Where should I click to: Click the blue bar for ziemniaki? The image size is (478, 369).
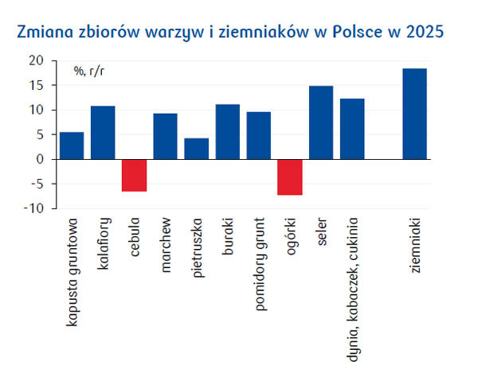click(414, 114)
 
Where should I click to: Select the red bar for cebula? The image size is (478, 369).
click(134, 175)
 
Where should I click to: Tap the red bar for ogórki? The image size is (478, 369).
click(290, 177)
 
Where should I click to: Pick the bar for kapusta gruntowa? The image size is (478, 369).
click(72, 146)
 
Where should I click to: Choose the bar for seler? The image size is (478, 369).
click(321, 122)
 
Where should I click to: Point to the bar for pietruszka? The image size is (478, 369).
click(196, 149)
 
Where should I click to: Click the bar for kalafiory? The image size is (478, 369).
click(103, 132)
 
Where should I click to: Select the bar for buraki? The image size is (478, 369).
click(228, 131)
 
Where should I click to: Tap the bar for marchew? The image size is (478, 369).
click(165, 136)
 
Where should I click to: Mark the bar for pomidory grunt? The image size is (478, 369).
click(259, 135)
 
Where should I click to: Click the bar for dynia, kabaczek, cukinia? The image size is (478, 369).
click(352, 129)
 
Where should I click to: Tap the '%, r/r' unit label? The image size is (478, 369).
click(90, 71)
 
